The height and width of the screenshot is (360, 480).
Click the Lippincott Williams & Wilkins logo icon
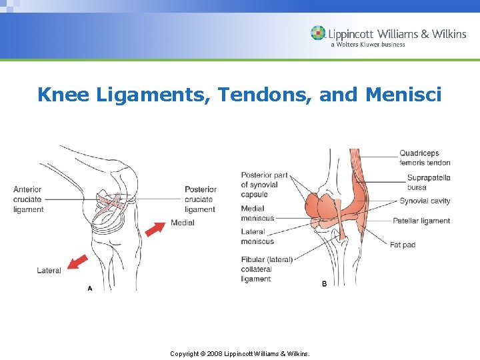pos(318,33)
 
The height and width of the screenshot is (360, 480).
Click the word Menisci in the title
pos(403,95)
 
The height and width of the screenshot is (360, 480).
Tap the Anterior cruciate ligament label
pos(29,199)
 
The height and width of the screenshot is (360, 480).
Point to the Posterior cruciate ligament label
pos(201,199)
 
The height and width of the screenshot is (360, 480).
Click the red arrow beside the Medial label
pos(155,229)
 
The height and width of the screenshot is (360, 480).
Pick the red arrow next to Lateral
pos(77,261)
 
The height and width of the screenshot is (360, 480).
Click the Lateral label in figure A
pos(49,270)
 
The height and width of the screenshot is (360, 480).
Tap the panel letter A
pos(89,288)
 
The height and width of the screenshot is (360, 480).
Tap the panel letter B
pos(324,283)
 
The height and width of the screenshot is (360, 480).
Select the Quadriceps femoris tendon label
pos(425,158)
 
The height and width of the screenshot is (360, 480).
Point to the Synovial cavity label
pos(425,201)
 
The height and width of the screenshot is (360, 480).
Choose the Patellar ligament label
pos(421,221)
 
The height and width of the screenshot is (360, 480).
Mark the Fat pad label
pos(403,245)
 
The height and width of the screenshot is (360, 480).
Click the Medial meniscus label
pos(257,213)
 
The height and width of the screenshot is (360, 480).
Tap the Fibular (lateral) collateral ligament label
pos(267,269)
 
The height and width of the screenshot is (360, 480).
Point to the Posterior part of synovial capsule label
pos(264,185)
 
